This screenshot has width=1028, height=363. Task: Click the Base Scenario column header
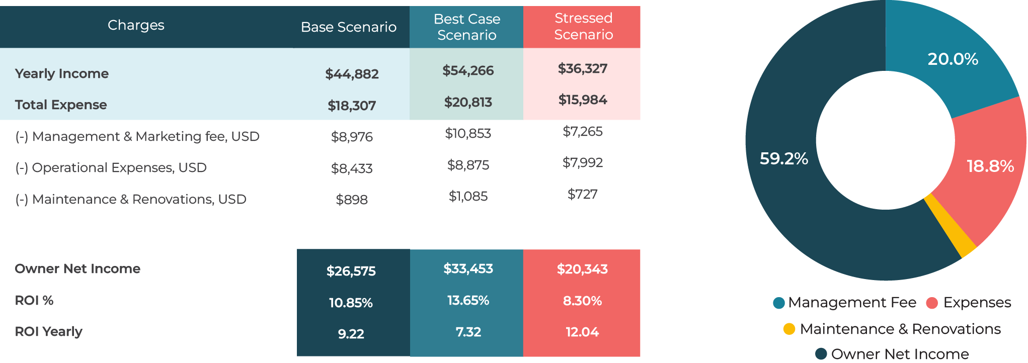point(348,27)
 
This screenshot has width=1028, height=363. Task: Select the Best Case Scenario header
point(466,27)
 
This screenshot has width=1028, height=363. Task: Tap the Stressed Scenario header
point(583,26)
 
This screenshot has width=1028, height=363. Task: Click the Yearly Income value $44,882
point(352,74)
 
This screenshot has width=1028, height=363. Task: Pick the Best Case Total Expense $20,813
point(468,103)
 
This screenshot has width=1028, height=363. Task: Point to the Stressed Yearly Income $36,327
point(583,68)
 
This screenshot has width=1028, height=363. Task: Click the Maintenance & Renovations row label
point(130,200)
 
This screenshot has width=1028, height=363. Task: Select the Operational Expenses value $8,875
point(468,165)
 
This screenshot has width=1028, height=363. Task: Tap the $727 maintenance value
point(582,194)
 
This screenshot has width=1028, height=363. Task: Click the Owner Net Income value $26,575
point(351,271)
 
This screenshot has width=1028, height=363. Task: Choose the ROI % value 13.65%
point(468,301)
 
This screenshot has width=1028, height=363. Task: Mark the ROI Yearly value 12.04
point(582,332)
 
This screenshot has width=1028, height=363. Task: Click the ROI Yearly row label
point(48,332)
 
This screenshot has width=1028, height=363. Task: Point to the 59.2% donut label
point(783,159)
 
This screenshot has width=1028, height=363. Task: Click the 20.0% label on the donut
point(953,59)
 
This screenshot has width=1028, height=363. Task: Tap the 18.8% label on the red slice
point(990,166)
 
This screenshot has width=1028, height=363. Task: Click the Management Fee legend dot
point(778,303)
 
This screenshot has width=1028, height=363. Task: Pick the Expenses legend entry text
point(977,303)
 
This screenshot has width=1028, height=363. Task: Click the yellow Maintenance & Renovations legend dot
point(789,329)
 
